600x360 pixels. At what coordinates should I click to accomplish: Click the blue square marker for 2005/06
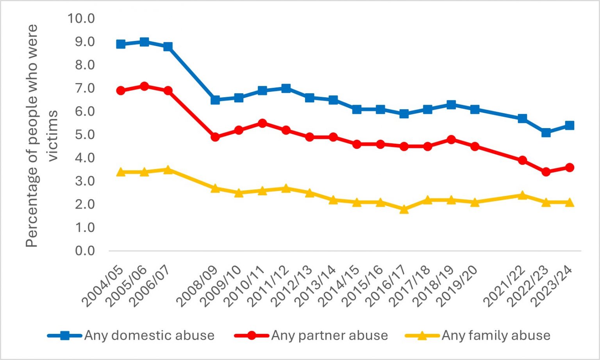pos(144,42)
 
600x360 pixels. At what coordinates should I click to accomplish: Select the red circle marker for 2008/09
pos(215,137)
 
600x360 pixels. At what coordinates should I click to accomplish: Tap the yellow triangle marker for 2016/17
pos(404,209)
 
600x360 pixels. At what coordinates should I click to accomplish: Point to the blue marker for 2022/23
pos(546,132)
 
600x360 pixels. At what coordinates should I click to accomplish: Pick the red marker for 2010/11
pos(262,123)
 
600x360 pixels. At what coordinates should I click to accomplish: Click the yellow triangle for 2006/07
pos(168,169)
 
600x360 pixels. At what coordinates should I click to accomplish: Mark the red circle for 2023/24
pos(569,168)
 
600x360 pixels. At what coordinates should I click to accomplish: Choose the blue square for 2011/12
pos(286,88)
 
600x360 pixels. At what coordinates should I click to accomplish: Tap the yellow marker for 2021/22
pos(522,195)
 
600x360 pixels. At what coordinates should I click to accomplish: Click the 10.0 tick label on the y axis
pos(81,18)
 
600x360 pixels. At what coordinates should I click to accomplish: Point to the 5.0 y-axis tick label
pos(85,135)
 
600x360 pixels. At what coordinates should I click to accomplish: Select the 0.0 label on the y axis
pos(85,251)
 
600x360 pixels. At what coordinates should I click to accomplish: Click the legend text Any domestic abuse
pos(149,335)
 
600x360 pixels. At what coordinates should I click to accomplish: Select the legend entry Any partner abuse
pos(329,335)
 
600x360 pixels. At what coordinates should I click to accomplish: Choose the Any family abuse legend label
pos(496,335)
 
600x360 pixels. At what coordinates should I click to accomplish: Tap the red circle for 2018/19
pos(451,139)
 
